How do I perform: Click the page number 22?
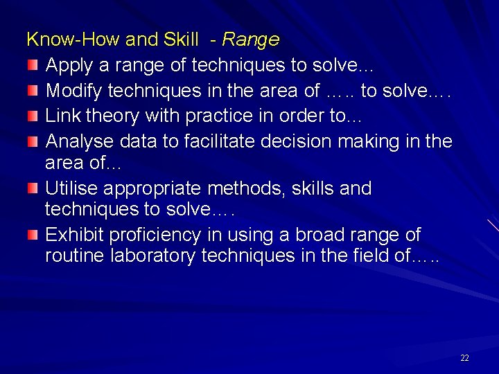(x=464, y=358)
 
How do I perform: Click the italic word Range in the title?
(x=250, y=40)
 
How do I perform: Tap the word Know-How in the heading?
(x=58, y=40)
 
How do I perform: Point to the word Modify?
(x=70, y=91)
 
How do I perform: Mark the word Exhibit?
(x=70, y=235)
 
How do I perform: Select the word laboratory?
(x=147, y=256)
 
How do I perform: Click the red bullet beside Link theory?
(x=33, y=116)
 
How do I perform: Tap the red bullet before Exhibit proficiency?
(x=33, y=234)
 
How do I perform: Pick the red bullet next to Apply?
(x=33, y=65)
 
